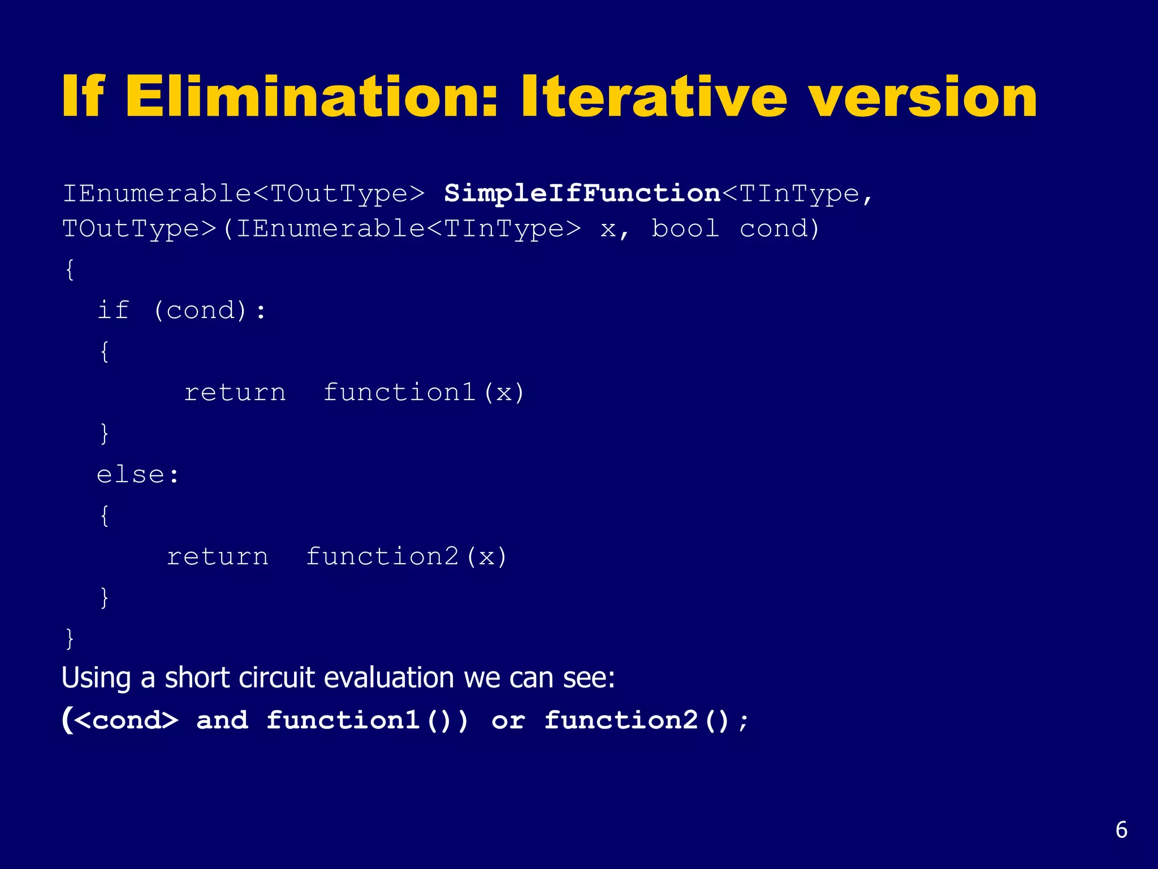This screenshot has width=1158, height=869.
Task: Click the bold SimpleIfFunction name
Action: tap(582, 194)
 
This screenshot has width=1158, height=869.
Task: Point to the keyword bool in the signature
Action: tap(685, 229)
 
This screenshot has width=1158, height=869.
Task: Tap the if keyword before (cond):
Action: tap(113, 310)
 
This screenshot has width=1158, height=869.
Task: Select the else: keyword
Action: tap(137, 475)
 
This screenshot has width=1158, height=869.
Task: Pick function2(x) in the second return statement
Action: tap(407, 557)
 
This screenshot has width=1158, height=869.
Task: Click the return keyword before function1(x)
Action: tap(235, 393)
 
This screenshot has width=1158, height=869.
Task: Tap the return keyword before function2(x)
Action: tap(218, 557)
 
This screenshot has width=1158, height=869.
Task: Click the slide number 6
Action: tap(1121, 830)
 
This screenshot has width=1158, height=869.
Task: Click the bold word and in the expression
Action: tap(222, 721)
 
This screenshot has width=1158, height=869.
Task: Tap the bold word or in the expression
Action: tap(508, 721)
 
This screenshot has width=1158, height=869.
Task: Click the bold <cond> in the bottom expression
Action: tap(126, 721)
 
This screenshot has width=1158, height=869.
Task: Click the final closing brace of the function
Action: tap(70, 638)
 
